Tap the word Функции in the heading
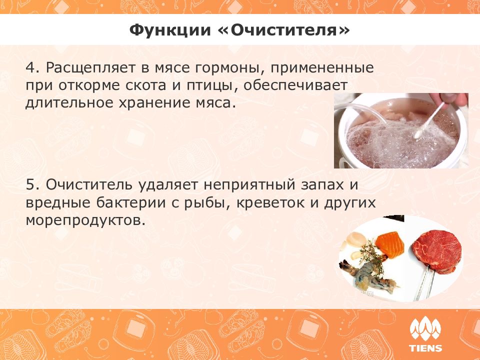(170, 31)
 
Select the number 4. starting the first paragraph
(33, 67)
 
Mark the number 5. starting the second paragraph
(33, 184)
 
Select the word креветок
(270, 203)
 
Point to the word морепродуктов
(85, 220)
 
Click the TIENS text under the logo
(425, 348)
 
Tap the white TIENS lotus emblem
(425, 330)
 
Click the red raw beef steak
(436, 251)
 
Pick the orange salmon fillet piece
(389, 244)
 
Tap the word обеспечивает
(295, 85)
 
